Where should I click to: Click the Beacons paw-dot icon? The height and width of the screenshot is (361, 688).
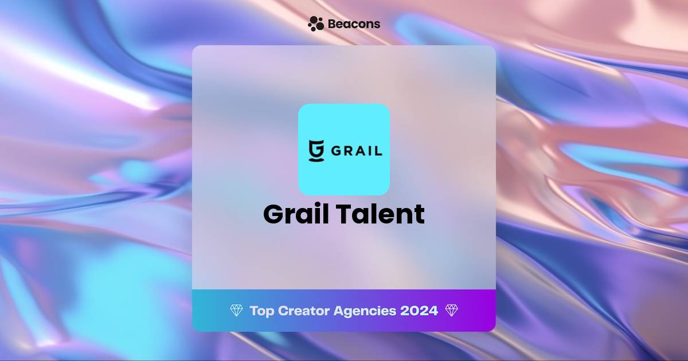tap(316, 23)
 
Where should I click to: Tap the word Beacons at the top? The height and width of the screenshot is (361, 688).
tap(354, 24)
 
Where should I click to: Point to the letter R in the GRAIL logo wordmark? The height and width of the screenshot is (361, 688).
tap(350, 150)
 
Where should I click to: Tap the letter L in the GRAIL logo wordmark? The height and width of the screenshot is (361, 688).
tap(378, 150)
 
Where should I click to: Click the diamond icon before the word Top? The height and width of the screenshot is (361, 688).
tap(236, 311)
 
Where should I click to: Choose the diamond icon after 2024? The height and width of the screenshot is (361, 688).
tap(451, 311)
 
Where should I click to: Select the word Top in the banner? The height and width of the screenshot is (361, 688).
tap(261, 311)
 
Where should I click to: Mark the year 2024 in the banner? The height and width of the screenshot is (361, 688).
tap(419, 311)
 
